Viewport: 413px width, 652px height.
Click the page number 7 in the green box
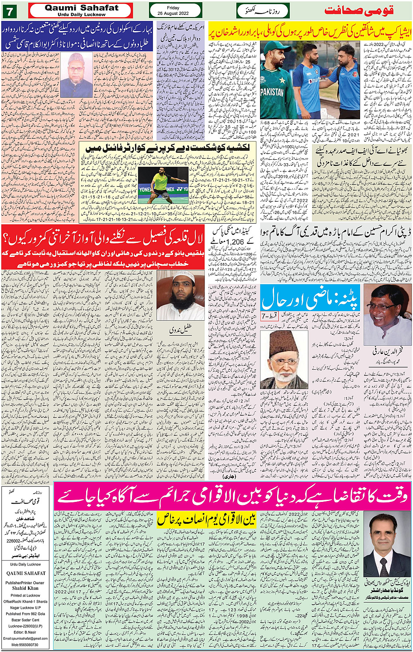click(9, 10)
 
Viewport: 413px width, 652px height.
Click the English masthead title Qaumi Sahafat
click(82, 8)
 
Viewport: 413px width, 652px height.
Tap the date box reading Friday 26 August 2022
click(175, 10)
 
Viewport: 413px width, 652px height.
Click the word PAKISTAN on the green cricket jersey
click(272, 93)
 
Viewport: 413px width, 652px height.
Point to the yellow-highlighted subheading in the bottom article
click(206, 519)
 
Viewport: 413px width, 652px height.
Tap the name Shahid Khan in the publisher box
click(25, 588)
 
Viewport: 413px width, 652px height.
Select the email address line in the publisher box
click(26, 638)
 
